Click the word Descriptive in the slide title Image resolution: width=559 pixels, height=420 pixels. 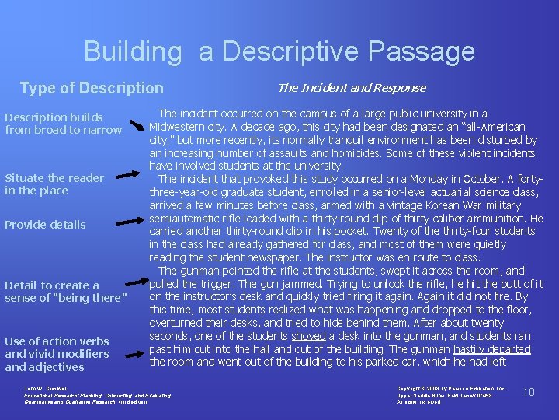click(x=287, y=51)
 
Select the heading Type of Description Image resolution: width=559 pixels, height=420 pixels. click(x=92, y=88)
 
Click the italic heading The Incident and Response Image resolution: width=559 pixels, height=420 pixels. click(x=351, y=88)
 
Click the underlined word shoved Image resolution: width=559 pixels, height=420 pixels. click(x=309, y=336)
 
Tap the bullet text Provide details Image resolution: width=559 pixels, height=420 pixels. click(x=45, y=225)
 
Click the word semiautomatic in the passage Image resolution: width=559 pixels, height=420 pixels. click(x=186, y=219)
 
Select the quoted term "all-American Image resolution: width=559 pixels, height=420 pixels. click(x=485, y=127)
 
